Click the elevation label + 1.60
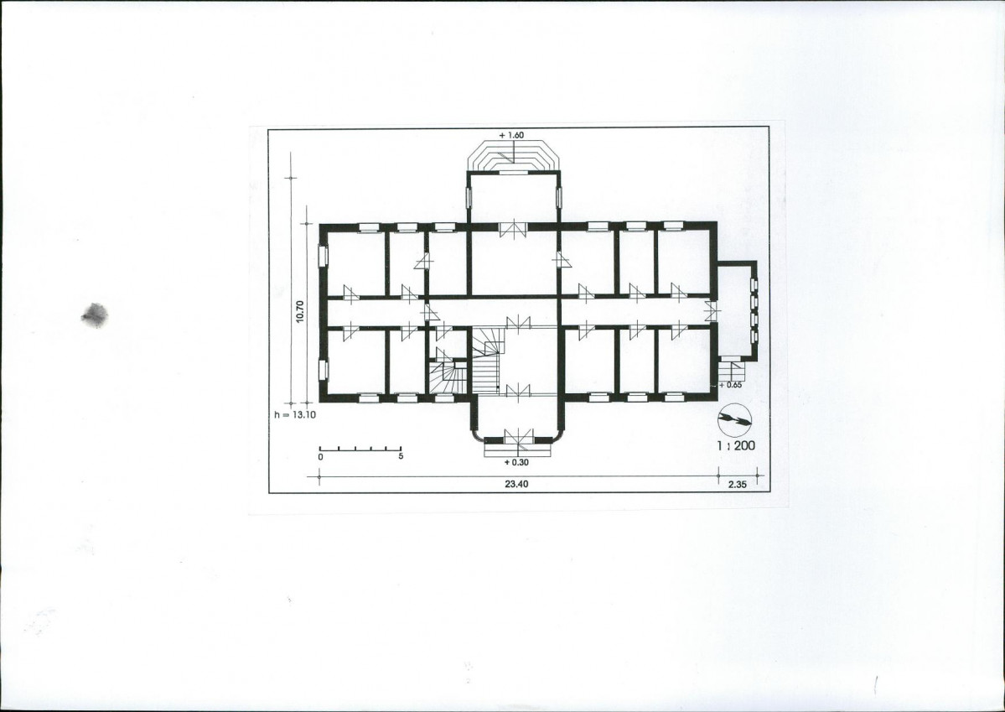click(511, 135)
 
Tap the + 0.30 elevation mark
click(516, 462)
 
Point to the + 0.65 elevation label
click(730, 385)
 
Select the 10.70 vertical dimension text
click(300, 311)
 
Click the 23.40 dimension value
click(516, 484)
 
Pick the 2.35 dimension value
click(737, 485)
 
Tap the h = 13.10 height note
click(295, 414)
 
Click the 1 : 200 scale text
click(736, 445)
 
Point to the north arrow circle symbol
click(735, 420)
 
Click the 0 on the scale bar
click(320, 457)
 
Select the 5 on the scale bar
click(401, 457)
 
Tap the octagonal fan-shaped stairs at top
click(513, 156)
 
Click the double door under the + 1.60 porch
click(513, 228)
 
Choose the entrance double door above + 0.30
click(518, 437)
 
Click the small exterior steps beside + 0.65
click(731, 371)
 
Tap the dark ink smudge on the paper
click(95, 315)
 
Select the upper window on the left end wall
click(323, 255)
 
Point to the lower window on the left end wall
click(323, 370)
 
